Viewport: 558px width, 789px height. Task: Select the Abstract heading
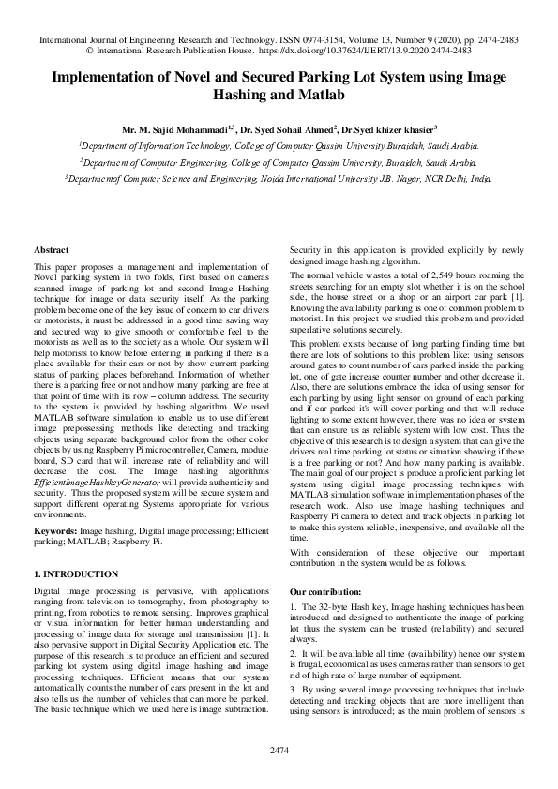coord(51,250)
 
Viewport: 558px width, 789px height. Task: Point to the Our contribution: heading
coord(324,592)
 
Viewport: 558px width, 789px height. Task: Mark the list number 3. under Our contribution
coord(293,689)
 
